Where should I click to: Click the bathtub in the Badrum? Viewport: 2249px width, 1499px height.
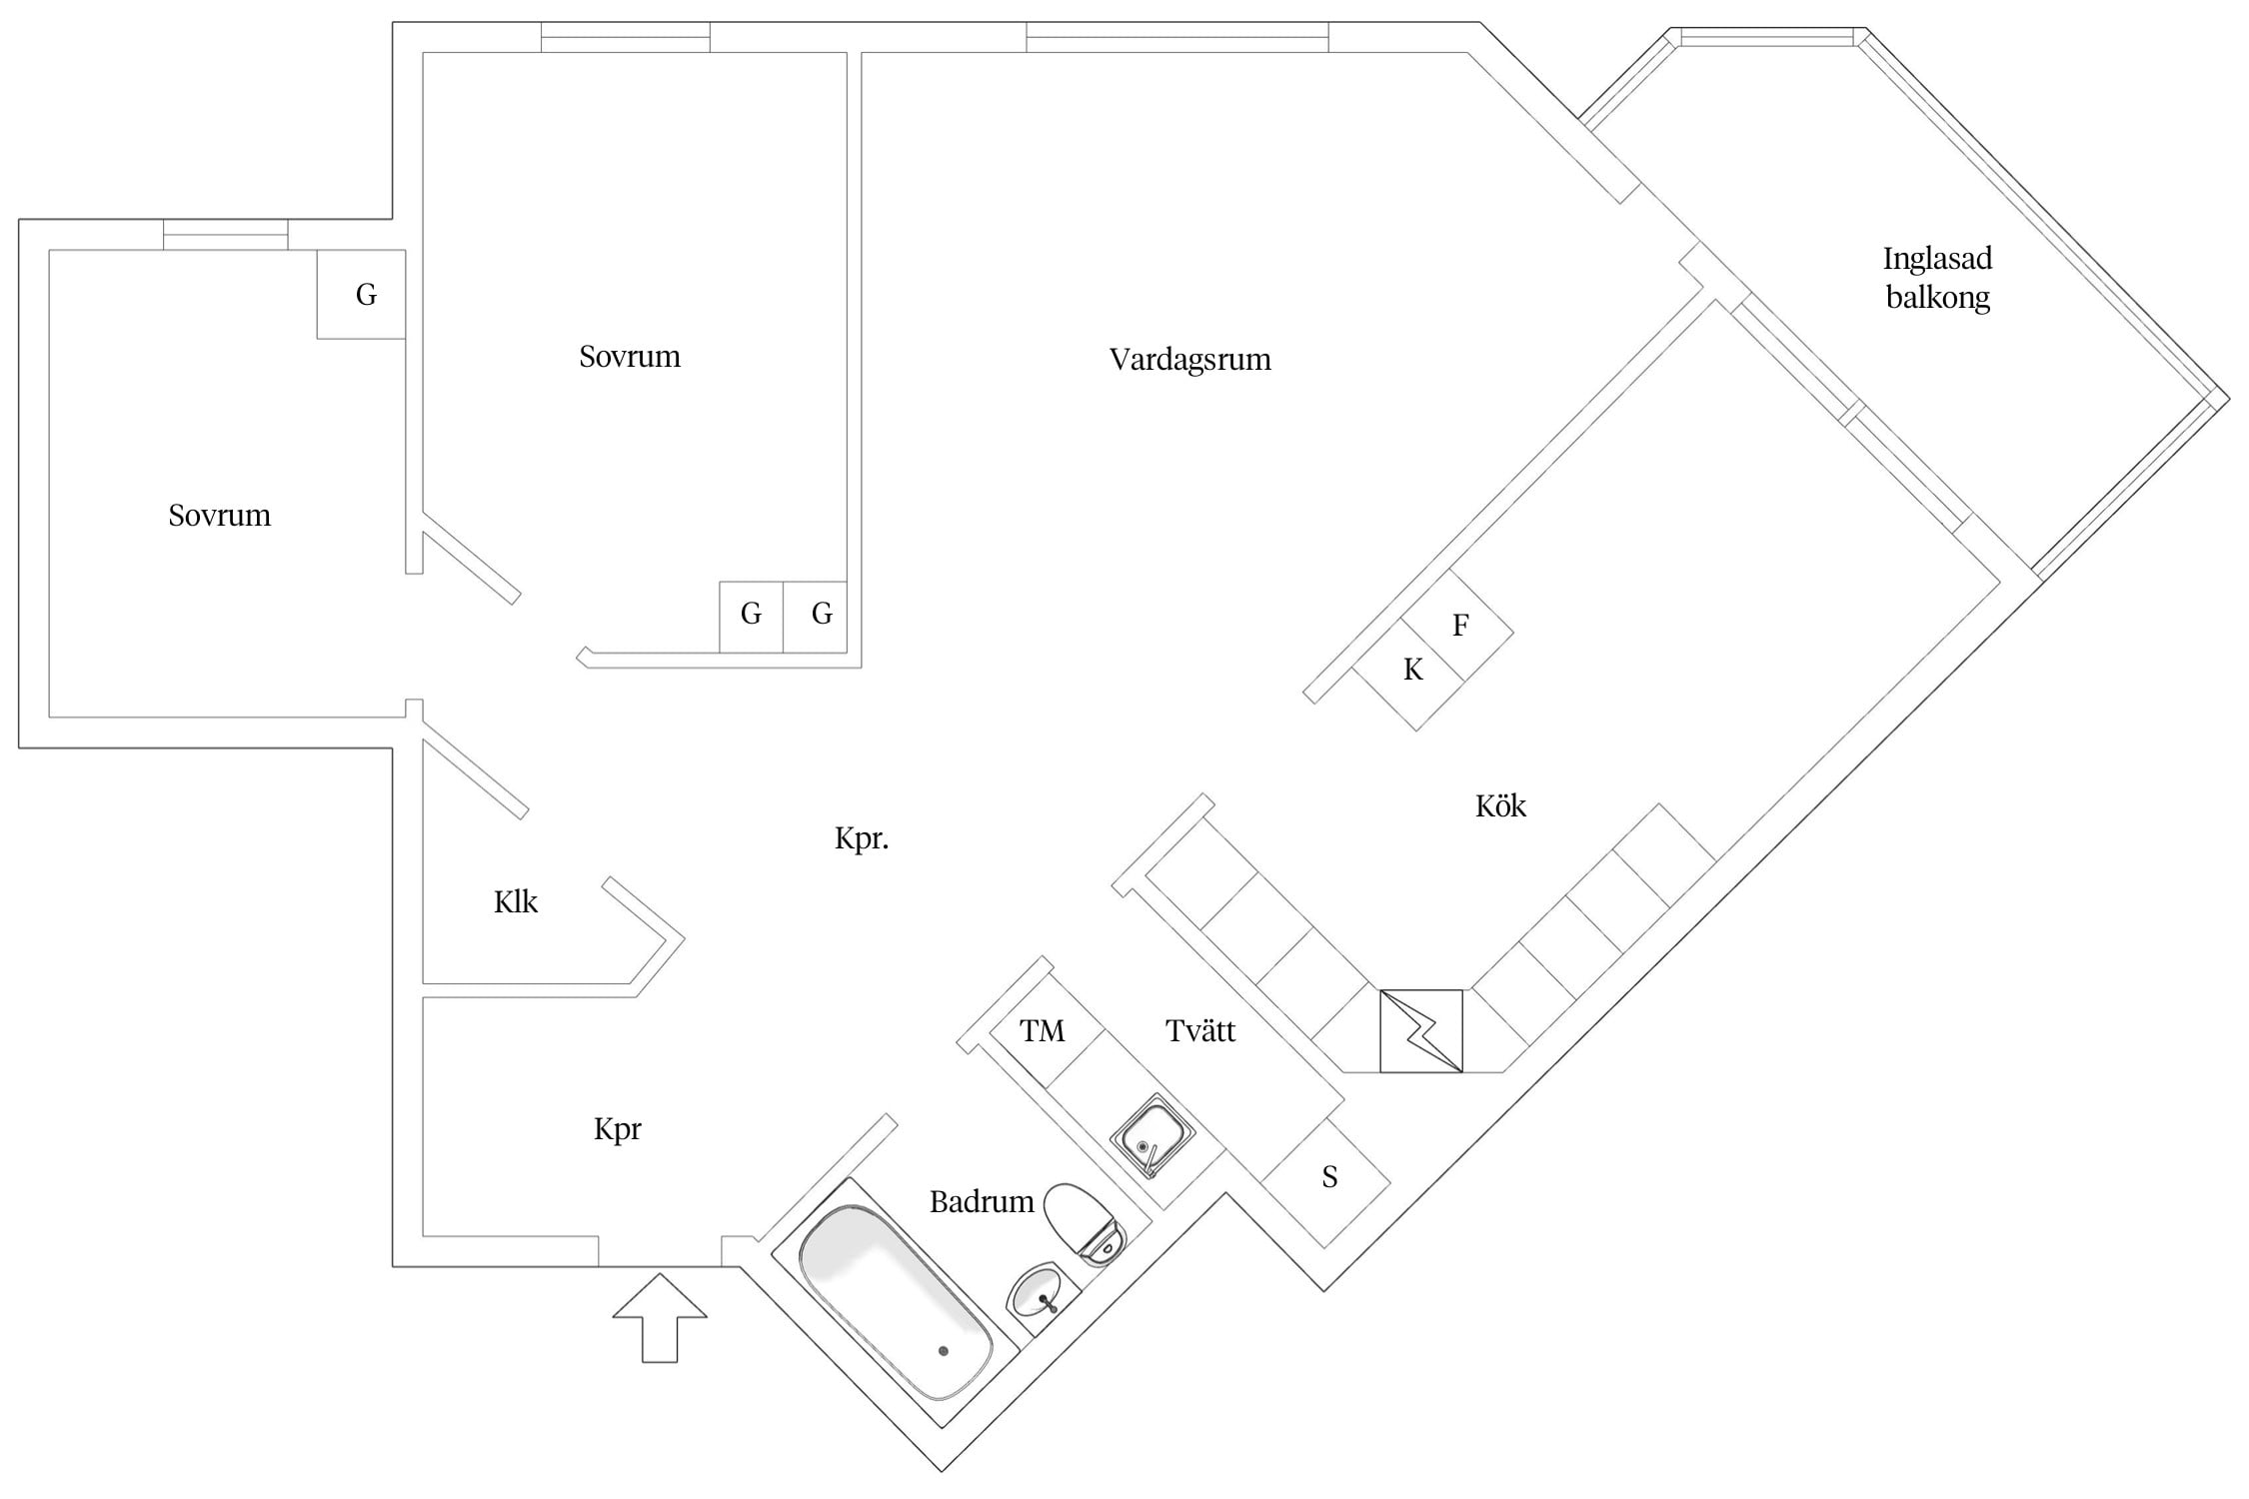pos(896,1302)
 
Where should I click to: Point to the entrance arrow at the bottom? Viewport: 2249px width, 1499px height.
pos(660,1317)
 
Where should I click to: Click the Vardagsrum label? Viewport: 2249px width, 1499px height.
pos(1189,360)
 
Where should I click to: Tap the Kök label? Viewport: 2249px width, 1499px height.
pos(1500,805)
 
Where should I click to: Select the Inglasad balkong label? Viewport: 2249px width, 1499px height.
pos(1937,278)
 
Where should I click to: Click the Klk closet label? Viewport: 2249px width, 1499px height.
pos(516,902)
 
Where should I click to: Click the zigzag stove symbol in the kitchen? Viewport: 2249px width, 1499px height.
pos(1421,1031)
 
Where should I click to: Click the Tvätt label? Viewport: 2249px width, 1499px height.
pos(1200,1030)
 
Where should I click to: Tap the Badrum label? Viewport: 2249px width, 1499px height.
pos(982,1201)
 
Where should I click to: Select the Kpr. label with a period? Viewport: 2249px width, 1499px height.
pos(862,839)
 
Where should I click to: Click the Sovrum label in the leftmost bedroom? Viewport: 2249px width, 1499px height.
pos(220,516)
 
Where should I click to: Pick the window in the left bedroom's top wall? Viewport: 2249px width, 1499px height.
pos(226,235)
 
